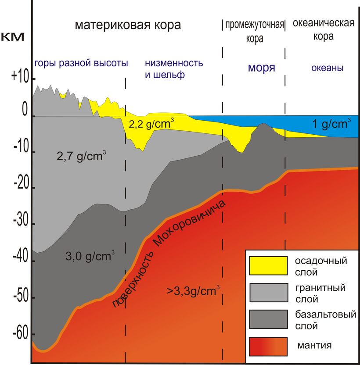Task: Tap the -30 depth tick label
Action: [x=20, y=223]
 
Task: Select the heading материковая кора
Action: [x=128, y=25]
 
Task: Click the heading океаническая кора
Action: [x=323, y=29]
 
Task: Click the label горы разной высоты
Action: [x=81, y=63]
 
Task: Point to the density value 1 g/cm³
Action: [x=330, y=124]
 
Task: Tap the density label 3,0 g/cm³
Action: [x=90, y=255]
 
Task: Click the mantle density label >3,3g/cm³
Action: [x=193, y=290]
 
